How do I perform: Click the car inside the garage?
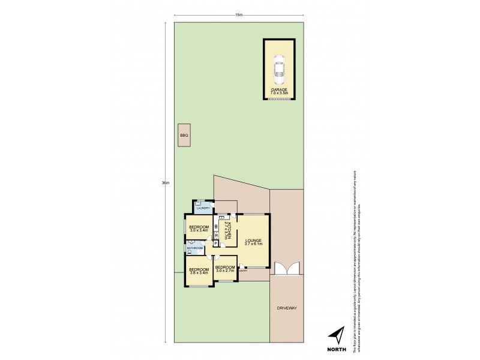point(279,70)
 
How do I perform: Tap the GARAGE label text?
point(279,89)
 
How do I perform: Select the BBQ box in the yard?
point(184,136)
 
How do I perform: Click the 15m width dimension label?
point(238,14)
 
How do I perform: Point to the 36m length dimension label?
point(166,182)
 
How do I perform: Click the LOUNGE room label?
point(254,241)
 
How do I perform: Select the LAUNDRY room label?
point(202,208)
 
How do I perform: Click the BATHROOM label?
point(195,248)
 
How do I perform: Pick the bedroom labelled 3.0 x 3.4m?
point(198,228)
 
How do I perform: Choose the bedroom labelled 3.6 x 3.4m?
point(199,271)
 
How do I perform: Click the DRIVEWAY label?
point(287,308)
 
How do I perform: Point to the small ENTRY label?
point(243,271)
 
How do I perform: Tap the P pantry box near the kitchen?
point(215,243)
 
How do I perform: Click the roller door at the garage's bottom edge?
point(279,100)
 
